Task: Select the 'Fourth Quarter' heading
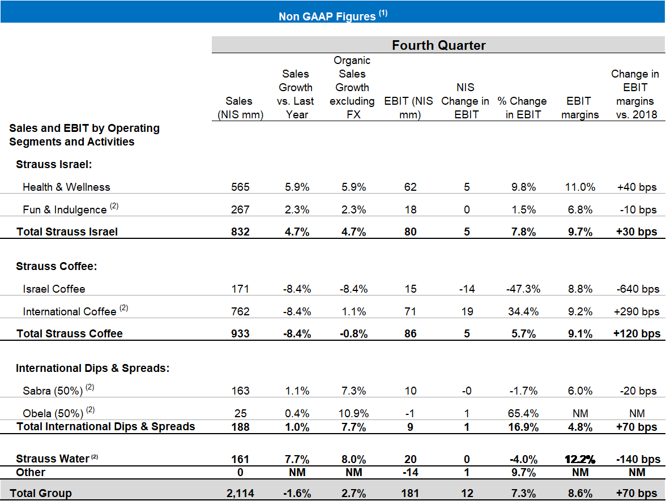(439, 45)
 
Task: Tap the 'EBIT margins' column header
(579, 108)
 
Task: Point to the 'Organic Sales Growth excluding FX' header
(352, 88)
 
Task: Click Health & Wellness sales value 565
(240, 187)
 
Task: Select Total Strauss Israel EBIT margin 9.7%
(579, 232)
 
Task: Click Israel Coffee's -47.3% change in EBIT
(522, 289)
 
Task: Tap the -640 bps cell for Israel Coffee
(636, 289)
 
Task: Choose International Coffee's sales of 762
(240, 311)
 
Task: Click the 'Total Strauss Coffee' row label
(70, 333)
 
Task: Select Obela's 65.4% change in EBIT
(522, 413)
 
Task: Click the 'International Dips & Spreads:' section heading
(92, 369)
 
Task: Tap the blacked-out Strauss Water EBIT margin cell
(580, 456)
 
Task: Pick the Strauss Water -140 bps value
(636, 459)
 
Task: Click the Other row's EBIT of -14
(410, 472)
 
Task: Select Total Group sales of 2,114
(240, 494)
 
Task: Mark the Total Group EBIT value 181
(410, 494)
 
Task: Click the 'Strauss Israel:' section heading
(54, 164)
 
